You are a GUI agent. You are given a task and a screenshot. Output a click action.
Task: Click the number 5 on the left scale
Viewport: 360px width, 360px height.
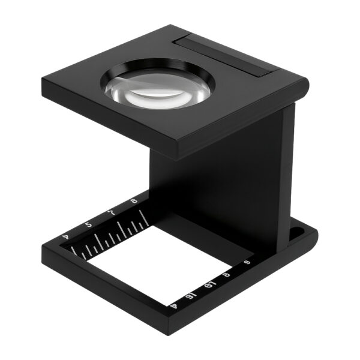coord(89,224)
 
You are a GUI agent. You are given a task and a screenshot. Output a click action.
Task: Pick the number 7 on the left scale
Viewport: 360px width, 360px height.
coord(112,213)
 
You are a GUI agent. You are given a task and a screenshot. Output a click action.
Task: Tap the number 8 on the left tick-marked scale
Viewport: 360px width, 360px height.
coord(133,203)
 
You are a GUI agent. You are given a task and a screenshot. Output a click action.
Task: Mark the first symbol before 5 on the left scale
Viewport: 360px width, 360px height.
coord(67,238)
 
